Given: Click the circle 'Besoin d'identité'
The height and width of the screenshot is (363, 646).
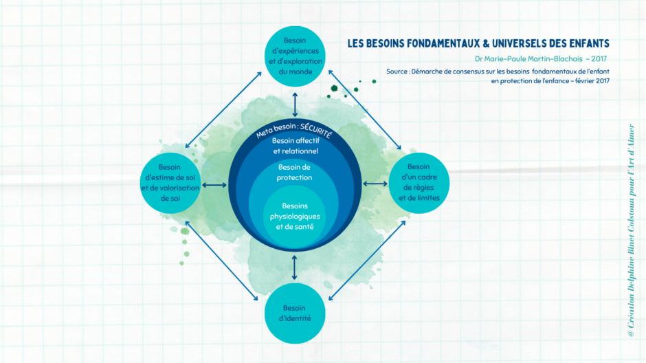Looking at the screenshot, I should (295, 313).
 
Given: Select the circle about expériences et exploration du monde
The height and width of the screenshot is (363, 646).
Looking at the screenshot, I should (295, 54).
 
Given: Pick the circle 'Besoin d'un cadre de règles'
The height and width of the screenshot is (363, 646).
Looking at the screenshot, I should (419, 182).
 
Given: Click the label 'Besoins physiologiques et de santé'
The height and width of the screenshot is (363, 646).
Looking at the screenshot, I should (295, 216).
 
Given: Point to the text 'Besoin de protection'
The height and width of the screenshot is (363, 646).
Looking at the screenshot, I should (295, 172).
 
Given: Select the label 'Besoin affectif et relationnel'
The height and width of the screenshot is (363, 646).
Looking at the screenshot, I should (295, 145).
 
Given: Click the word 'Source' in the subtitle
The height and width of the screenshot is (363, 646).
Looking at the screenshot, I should (398, 71).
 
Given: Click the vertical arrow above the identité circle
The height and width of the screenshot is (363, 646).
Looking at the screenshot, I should (295, 265).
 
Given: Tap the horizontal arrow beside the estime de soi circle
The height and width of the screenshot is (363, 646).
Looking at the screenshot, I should (214, 184).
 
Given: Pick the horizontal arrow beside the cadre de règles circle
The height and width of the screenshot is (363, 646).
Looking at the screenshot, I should (375, 183).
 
